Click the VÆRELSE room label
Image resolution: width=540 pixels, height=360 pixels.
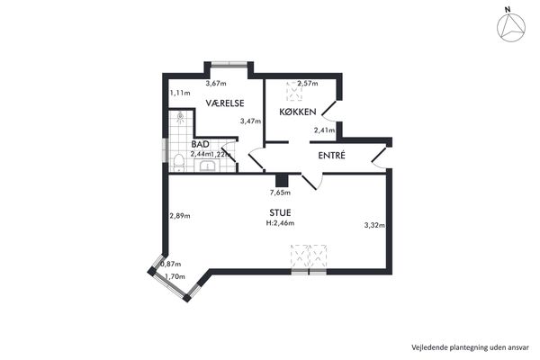[x=225, y=103]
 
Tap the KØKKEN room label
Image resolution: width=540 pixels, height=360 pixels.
[x=298, y=112]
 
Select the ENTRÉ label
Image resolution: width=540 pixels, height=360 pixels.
[x=331, y=156]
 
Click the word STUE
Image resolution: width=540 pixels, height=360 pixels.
[x=280, y=212]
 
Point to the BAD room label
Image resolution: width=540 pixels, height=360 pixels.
[x=200, y=144]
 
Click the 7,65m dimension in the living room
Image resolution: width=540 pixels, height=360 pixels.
[x=280, y=193]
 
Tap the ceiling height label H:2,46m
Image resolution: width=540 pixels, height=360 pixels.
[x=280, y=223]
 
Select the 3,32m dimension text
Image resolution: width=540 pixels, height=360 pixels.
[x=374, y=225]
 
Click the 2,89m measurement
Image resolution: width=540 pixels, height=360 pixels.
[x=180, y=216]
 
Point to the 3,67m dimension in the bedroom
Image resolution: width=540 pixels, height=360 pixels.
[x=216, y=84]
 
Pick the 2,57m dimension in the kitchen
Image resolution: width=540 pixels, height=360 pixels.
[x=308, y=84]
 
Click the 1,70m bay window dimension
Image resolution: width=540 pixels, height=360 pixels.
[x=175, y=276]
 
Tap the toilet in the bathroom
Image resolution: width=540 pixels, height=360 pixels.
[x=178, y=163]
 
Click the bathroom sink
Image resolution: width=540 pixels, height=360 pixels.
[x=208, y=166]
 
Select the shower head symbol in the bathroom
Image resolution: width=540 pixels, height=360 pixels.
[x=180, y=117]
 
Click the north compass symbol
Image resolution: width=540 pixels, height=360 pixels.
[x=511, y=27]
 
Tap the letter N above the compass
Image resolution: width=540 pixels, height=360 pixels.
[x=508, y=10]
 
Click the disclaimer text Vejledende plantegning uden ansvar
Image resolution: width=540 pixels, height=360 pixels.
[x=470, y=347]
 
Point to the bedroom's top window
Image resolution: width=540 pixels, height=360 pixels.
[x=229, y=63]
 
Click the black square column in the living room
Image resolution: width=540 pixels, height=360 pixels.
[x=282, y=181]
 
